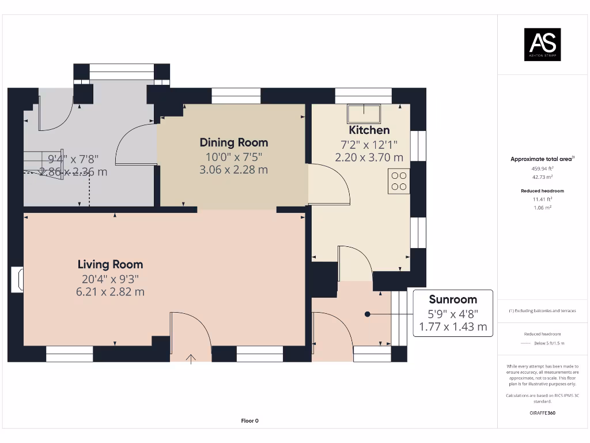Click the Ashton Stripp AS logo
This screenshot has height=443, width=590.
click(x=542, y=44)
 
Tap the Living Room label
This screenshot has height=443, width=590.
click(x=110, y=265)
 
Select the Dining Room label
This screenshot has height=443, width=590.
click(x=233, y=142)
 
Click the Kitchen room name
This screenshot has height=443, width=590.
click(x=369, y=130)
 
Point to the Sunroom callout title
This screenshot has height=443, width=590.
click(x=453, y=299)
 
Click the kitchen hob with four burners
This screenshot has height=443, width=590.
click(x=399, y=179)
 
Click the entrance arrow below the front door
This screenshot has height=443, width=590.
click(x=191, y=359)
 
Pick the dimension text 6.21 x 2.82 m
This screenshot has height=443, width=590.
click(x=110, y=292)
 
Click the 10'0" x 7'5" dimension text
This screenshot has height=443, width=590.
click(x=233, y=157)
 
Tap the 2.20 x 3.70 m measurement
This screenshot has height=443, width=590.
click(x=369, y=157)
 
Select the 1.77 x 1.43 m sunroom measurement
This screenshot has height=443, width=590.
click(x=453, y=327)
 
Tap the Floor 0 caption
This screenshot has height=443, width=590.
click(x=249, y=421)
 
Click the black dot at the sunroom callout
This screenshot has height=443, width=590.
click(x=367, y=314)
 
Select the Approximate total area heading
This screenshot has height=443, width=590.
click(x=542, y=159)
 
